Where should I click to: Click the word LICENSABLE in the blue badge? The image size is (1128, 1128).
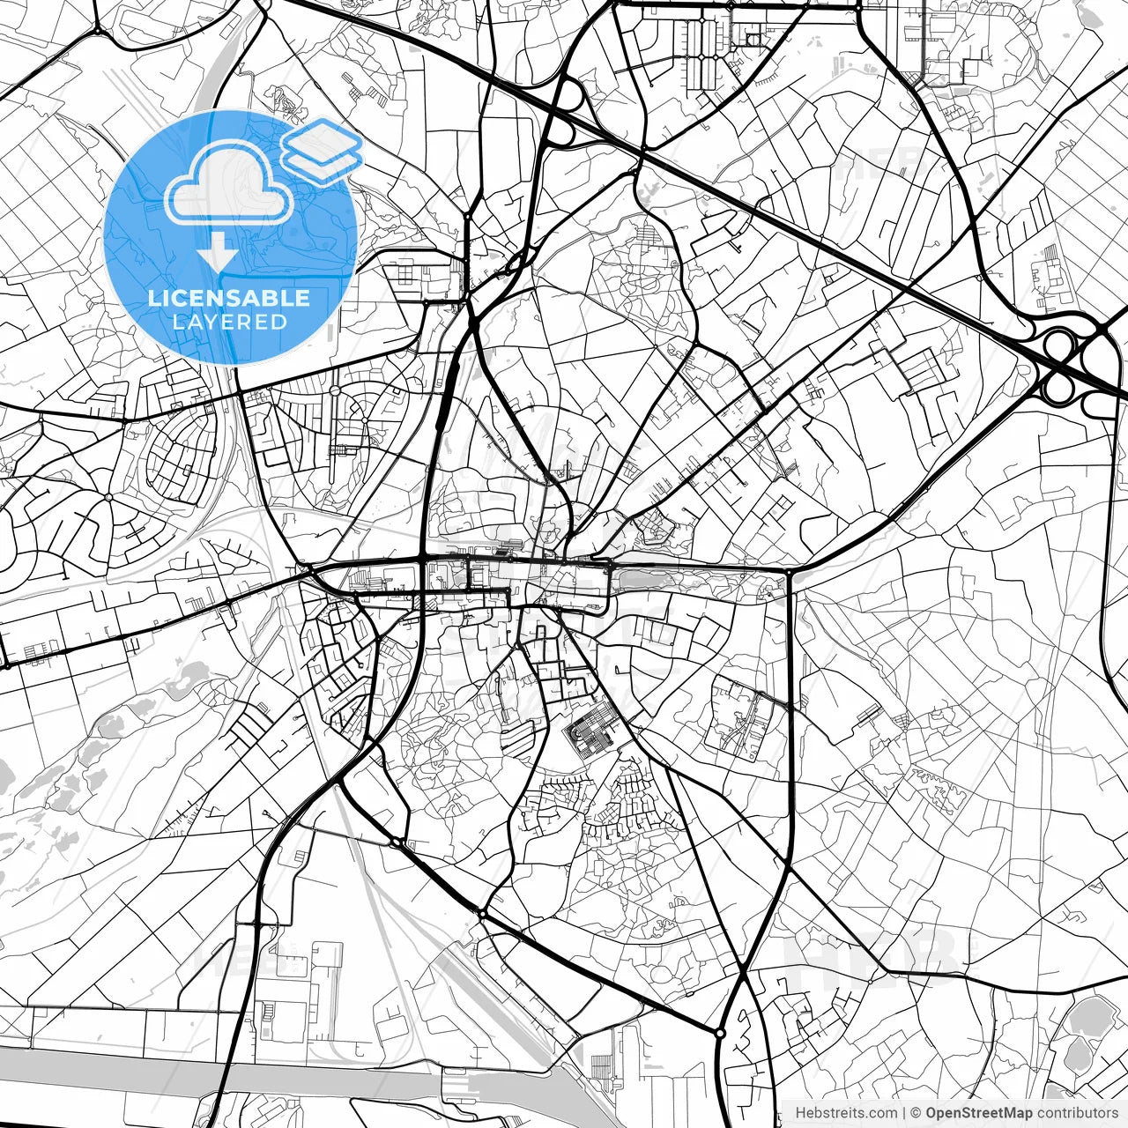coord(229,298)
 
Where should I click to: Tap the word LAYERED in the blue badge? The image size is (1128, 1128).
coord(229,322)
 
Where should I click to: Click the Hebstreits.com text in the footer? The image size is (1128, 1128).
coord(846,1113)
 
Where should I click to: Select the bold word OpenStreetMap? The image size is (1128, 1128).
coord(978,1113)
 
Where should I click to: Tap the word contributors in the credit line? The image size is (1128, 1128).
coord(1077,1113)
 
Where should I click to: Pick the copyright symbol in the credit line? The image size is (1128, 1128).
coord(916,1113)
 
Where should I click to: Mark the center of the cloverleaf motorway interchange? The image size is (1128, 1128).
coord(1076,360)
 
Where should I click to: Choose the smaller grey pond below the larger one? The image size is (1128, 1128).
coord(1077,1053)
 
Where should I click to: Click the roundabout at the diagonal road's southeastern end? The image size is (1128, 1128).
coord(720,1032)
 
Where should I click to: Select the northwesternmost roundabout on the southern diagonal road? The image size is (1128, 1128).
coord(397,843)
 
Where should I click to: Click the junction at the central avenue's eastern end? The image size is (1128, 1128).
coord(790,572)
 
